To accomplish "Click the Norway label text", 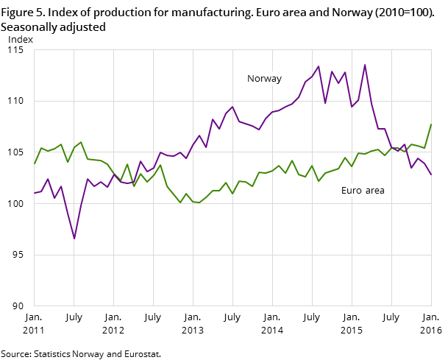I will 264,79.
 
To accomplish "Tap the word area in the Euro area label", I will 374,191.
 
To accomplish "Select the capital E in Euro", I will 344,191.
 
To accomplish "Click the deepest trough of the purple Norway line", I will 74,239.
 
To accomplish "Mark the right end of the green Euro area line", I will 431,124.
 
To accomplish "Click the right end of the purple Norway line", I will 431,174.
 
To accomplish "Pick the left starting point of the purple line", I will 34,193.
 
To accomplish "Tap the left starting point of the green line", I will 34,163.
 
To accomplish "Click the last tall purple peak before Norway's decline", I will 365,65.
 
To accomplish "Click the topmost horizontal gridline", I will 232,101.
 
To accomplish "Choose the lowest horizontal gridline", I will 232,255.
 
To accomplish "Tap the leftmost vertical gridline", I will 74,177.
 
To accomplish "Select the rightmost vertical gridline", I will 391,177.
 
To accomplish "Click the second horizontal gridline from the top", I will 232,152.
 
